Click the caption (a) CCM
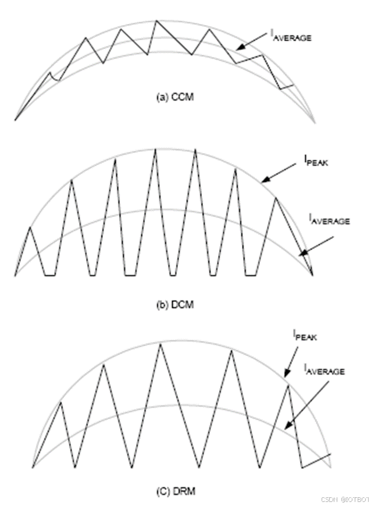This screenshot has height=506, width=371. pos(174,97)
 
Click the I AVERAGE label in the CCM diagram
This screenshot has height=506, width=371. pos(290,36)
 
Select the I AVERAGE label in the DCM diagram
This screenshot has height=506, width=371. pos(329,220)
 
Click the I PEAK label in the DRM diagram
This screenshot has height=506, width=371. pos(305,336)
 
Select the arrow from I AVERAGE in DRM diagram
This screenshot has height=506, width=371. pos(298,401)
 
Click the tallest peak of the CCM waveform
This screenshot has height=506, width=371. pos(156,21)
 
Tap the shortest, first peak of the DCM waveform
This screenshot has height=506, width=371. pos(30,227)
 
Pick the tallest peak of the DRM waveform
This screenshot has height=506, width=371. pos(161,344)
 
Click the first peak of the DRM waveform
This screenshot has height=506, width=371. pos(60,402)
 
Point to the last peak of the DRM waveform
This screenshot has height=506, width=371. pos(288,384)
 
